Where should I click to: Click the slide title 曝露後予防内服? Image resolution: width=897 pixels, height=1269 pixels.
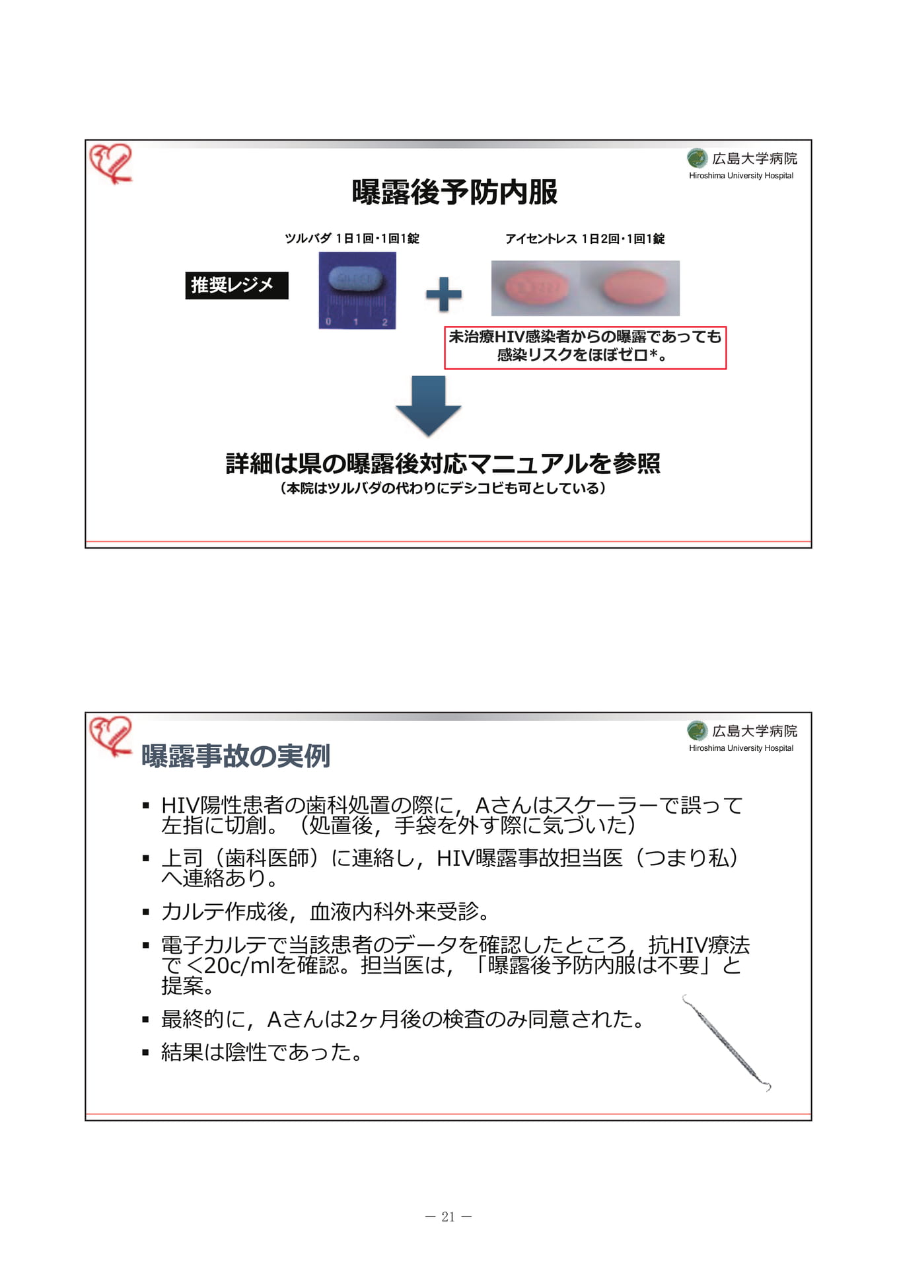(454, 192)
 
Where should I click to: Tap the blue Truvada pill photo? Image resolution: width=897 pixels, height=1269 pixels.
(357, 290)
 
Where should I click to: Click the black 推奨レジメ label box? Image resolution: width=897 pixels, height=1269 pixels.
(236, 286)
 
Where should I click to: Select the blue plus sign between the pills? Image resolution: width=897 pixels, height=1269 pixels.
(443, 294)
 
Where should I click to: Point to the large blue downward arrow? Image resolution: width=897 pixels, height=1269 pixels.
(428, 406)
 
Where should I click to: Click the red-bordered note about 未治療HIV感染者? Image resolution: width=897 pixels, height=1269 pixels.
(585, 347)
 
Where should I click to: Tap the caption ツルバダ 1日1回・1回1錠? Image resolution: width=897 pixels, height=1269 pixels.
(351, 239)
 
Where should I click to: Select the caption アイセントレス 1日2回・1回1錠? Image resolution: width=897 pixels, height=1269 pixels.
(585, 239)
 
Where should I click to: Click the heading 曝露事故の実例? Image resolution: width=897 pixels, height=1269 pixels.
(236, 756)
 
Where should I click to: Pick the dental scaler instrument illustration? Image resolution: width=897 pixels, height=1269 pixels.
(727, 1043)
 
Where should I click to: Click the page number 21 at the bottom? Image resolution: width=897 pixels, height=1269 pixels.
(448, 1217)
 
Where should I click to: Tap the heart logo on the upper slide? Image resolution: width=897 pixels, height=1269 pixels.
(111, 163)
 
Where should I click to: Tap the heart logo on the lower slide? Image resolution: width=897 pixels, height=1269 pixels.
(111, 736)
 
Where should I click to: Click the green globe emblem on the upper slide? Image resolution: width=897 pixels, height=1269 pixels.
(698, 158)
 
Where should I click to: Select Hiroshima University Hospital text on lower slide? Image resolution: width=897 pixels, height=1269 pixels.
(741, 748)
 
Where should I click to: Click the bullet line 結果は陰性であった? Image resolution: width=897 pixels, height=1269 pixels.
(262, 1052)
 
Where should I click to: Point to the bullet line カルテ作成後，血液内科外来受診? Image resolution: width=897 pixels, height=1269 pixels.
(326, 911)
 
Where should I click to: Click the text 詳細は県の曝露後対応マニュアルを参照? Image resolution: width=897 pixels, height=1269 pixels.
(443, 463)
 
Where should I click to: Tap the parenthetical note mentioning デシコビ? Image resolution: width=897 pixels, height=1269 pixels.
(443, 488)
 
